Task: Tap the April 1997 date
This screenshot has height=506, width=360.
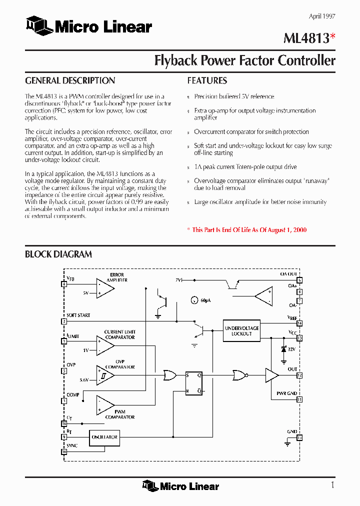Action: click(x=321, y=16)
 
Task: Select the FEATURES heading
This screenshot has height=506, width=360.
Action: click(x=207, y=80)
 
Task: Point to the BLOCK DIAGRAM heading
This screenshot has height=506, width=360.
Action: click(x=58, y=254)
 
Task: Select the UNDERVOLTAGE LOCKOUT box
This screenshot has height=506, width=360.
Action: click(x=242, y=331)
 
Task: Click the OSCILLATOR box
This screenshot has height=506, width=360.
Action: click(x=104, y=437)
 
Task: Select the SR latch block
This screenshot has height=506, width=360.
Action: click(x=194, y=383)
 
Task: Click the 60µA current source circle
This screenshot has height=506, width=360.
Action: click(x=194, y=300)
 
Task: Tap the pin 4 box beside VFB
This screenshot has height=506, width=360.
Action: click(x=64, y=284)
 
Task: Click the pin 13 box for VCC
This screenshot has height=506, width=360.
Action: click(x=299, y=338)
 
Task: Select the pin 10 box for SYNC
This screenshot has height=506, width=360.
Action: click(x=64, y=452)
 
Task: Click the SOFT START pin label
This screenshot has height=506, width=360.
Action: click(x=78, y=315)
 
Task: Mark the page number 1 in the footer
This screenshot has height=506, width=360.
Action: click(x=332, y=485)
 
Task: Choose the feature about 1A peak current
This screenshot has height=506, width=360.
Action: click(x=245, y=167)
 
